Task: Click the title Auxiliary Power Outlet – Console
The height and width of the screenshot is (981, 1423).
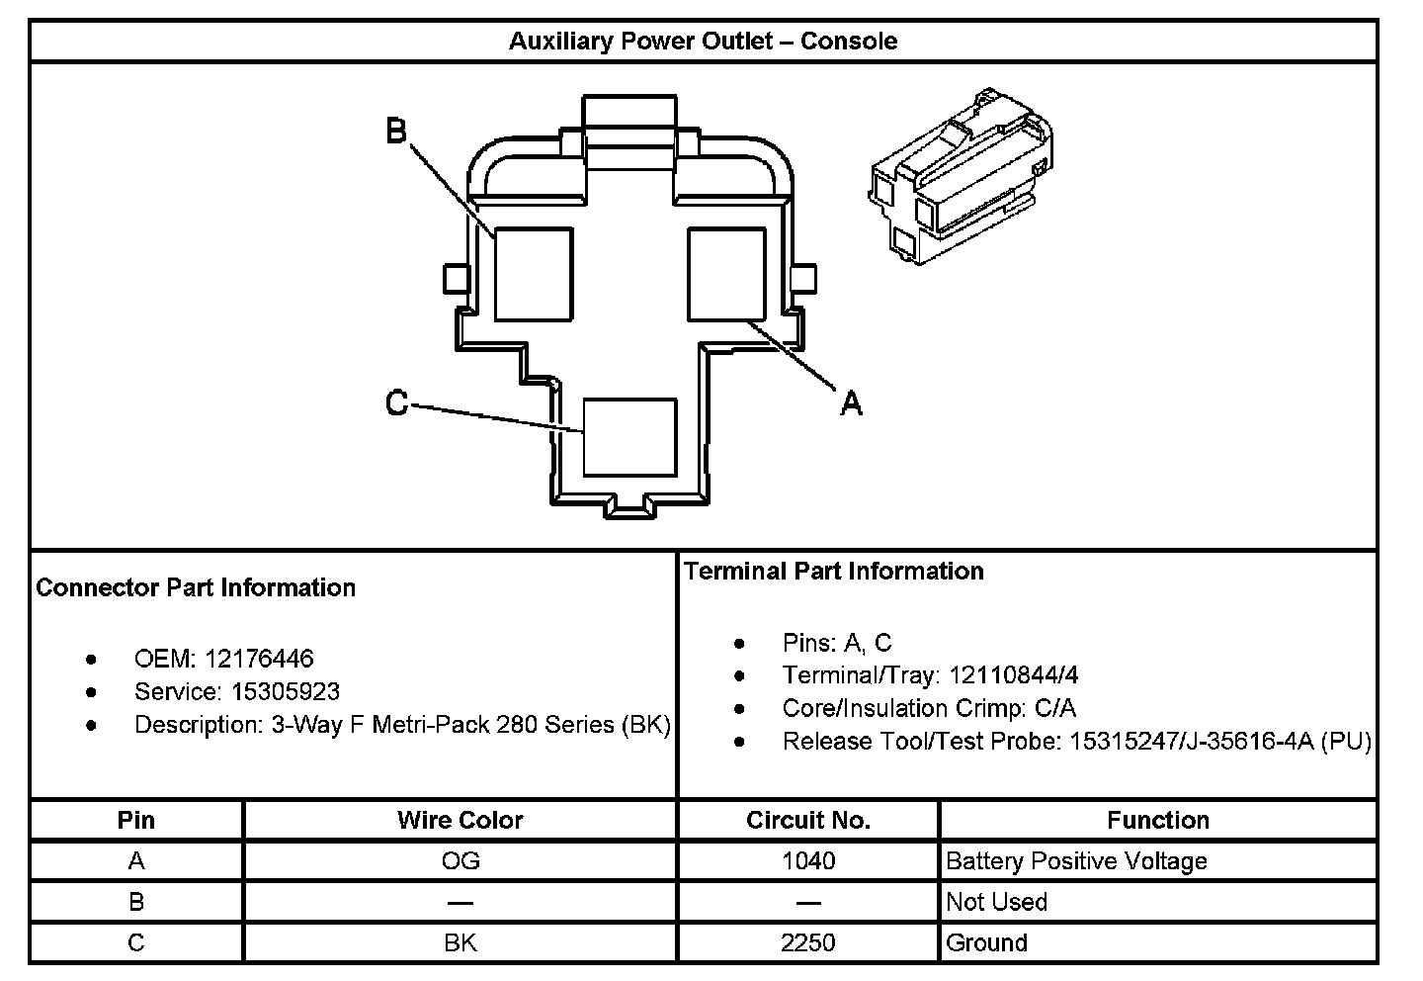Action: [703, 42]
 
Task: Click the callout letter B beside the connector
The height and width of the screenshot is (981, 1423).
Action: [396, 131]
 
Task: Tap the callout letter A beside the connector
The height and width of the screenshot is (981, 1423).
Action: [851, 403]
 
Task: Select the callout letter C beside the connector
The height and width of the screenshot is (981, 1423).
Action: [396, 403]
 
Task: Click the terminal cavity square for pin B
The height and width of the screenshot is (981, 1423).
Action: [534, 274]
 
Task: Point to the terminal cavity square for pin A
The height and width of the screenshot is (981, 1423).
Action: [726, 274]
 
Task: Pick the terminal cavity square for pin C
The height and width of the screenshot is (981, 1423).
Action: [629, 437]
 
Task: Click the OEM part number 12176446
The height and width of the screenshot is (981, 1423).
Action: [259, 659]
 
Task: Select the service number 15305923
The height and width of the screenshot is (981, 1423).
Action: [286, 691]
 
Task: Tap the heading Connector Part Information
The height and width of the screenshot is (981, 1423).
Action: [196, 587]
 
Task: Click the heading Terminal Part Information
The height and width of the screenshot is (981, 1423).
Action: [833, 571]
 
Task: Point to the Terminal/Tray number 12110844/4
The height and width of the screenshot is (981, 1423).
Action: [1013, 675]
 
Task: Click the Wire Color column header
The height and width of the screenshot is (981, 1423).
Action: [460, 820]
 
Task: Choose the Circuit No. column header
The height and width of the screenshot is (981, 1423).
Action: [808, 820]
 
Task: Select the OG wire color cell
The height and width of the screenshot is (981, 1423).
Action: [460, 861]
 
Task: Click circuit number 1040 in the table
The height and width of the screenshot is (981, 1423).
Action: [808, 861]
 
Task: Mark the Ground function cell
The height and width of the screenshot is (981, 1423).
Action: [986, 942]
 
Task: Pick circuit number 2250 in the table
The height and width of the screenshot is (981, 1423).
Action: [808, 942]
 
